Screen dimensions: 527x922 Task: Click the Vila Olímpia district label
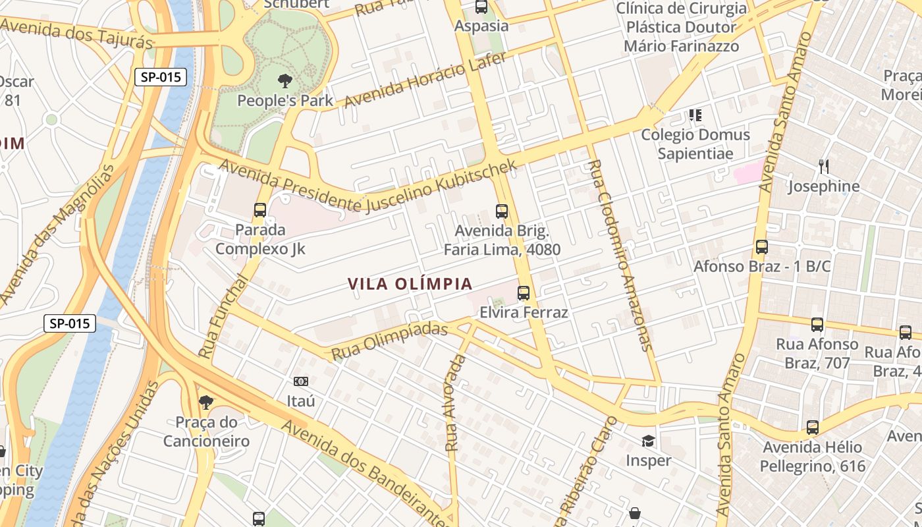[x=410, y=284]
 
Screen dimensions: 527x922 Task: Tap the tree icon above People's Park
[x=285, y=81]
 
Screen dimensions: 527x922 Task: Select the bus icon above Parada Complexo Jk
[x=260, y=210]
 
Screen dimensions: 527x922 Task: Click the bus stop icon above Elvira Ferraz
[x=524, y=293]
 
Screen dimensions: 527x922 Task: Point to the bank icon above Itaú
[x=301, y=381]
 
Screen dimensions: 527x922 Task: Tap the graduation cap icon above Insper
[x=649, y=441]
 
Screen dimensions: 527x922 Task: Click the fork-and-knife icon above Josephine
[x=823, y=166]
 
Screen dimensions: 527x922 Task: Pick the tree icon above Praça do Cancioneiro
[x=206, y=402]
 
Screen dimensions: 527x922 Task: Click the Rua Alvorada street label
[x=455, y=403]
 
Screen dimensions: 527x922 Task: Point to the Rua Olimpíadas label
[x=389, y=341]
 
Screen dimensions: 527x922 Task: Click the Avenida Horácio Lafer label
[x=425, y=79]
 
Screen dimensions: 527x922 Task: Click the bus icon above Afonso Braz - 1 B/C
[x=762, y=247]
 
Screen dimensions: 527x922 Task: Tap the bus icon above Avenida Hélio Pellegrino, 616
[x=813, y=428]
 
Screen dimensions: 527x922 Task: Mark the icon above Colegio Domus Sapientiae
[x=695, y=115]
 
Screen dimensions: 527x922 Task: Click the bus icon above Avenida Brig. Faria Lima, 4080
[x=502, y=211]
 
